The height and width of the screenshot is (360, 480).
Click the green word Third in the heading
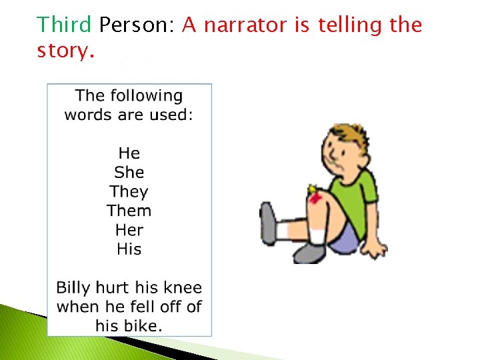[x=64, y=25]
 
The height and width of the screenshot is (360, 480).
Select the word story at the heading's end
[x=65, y=50]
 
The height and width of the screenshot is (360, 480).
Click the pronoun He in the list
[x=129, y=153]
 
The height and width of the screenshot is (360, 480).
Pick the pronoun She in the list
[x=129, y=173]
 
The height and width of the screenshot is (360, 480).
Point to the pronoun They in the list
[x=129, y=192]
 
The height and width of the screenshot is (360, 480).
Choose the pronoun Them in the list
[x=129, y=211]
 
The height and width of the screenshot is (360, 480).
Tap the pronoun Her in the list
[x=129, y=230]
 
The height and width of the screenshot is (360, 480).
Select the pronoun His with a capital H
[x=129, y=249]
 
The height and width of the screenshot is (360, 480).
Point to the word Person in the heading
[x=136, y=25]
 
